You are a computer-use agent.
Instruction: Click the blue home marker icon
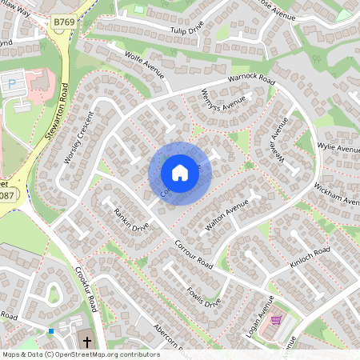click(180, 172)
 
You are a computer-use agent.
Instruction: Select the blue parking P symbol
click(11, 82)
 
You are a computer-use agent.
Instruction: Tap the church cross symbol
click(87, 340)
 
